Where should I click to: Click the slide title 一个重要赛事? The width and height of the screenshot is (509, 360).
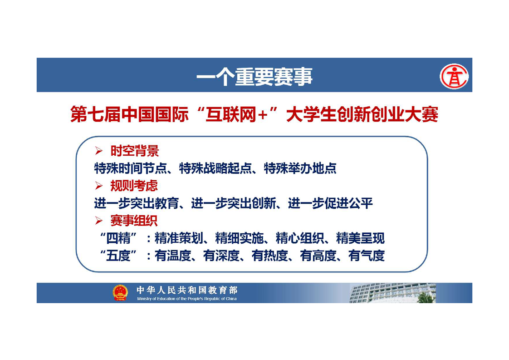click(x=254, y=76)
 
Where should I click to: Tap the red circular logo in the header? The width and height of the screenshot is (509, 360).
click(x=454, y=77)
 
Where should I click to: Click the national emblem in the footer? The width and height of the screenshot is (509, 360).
click(x=120, y=292)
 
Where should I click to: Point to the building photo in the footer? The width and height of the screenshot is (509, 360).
click(x=392, y=293)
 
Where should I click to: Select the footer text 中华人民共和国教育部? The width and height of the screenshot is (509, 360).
click(x=187, y=290)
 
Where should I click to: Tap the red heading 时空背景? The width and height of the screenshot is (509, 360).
click(x=134, y=151)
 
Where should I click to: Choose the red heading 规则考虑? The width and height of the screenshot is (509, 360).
click(x=134, y=186)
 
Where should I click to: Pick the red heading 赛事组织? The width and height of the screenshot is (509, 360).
click(x=134, y=221)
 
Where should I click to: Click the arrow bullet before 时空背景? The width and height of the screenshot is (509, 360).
click(x=99, y=151)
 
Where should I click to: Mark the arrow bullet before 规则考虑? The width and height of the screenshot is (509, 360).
click(x=99, y=186)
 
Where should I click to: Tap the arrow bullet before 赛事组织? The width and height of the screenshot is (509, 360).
click(x=99, y=221)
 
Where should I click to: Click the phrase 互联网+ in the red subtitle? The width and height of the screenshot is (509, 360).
click(x=237, y=114)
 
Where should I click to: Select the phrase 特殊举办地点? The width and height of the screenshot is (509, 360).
click(x=300, y=168)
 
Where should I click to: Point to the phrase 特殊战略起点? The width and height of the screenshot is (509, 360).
click(x=215, y=168)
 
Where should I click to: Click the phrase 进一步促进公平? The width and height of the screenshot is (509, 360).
click(x=330, y=203)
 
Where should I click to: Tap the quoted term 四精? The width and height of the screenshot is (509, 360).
click(x=119, y=238)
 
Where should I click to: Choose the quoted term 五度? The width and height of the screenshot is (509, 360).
click(x=119, y=256)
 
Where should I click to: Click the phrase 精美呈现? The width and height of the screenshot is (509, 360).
click(x=360, y=238)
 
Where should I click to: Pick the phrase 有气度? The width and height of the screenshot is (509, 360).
click(x=367, y=256)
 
